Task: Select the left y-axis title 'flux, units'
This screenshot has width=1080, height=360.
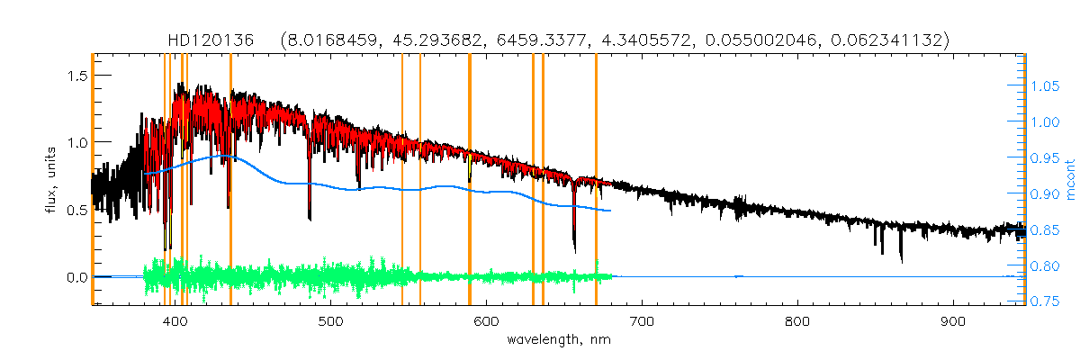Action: tap(52, 178)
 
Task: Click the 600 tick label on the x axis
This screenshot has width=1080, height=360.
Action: tap(487, 322)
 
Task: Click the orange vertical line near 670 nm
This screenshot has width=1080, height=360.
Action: tap(596, 180)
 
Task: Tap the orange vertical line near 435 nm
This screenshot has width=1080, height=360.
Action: tap(230, 180)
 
